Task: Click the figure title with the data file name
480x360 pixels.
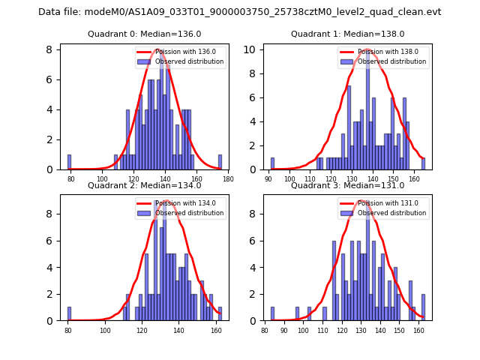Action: click(x=240, y=12)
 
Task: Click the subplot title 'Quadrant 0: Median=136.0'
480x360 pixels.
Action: click(x=144, y=34)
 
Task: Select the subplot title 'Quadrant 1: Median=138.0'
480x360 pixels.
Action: click(x=347, y=34)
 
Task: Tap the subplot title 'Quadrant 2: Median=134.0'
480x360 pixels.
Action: click(x=144, y=185)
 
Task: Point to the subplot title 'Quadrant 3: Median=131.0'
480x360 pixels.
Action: click(x=347, y=185)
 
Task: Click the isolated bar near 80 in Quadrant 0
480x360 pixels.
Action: click(x=70, y=162)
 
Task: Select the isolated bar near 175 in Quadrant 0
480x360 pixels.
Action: click(x=220, y=162)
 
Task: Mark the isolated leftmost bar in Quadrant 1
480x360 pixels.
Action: click(x=272, y=163)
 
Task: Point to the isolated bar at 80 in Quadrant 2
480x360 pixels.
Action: click(x=69, y=313)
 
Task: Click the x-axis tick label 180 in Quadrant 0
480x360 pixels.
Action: click(x=228, y=178)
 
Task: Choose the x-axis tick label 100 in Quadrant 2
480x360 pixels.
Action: click(x=106, y=330)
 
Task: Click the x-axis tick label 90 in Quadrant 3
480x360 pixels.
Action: click(x=284, y=330)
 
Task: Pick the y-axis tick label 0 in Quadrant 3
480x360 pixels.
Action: click(x=256, y=321)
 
